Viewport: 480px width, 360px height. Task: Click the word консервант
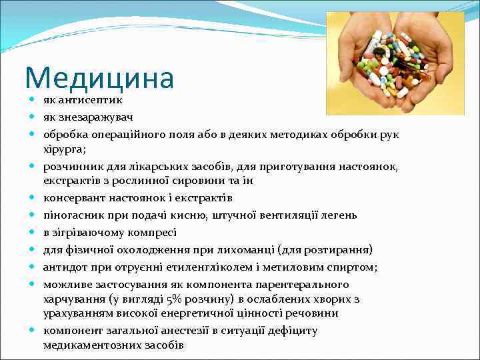tap(73, 198)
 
